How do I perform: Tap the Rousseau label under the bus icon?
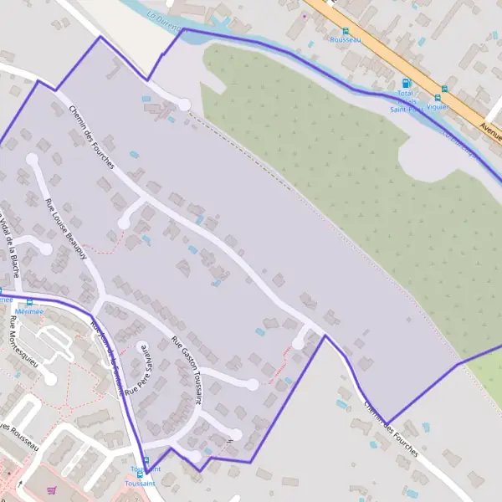click(x=345, y=39)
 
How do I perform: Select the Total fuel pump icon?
click(x=406, y=84)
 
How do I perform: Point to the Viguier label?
click(x=437, y=107)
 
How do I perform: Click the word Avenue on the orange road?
click(x=490, y=128)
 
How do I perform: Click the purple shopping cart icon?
click(x=53, y=491)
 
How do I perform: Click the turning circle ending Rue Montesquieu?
click(x=51, y=379)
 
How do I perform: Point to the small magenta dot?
click(x=305, y=14)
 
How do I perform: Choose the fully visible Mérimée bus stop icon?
click(x=31, y=303)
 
